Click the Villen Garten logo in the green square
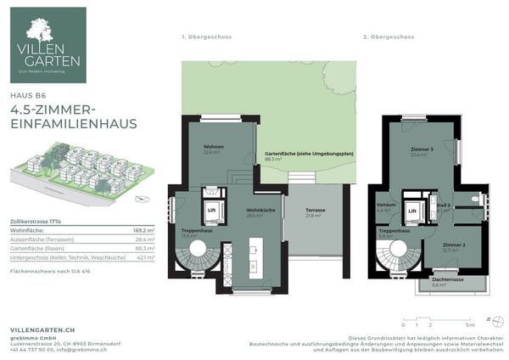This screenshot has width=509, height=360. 48,45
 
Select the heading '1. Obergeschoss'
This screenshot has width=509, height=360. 206,37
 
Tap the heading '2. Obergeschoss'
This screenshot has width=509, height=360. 387,37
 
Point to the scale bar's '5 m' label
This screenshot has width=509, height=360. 469,324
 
